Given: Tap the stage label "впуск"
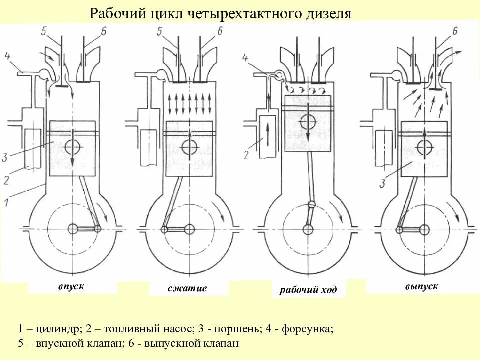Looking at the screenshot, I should coord(71,286).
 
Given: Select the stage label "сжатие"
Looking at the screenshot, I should coord(187,288).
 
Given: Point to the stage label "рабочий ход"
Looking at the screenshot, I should coord(308,290).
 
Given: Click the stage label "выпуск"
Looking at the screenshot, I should coord(422,286).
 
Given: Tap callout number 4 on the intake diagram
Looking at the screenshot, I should coord(7,55).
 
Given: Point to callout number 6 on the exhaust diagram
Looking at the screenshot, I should coord(454,31).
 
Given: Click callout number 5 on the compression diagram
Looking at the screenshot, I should coord(159,31).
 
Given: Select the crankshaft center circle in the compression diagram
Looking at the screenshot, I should coord(189,229).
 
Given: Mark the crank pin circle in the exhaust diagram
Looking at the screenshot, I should coord(399,230).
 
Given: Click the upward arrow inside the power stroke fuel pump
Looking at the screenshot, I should coord(267,133).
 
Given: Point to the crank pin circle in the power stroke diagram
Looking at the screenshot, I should coord(312,204).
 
